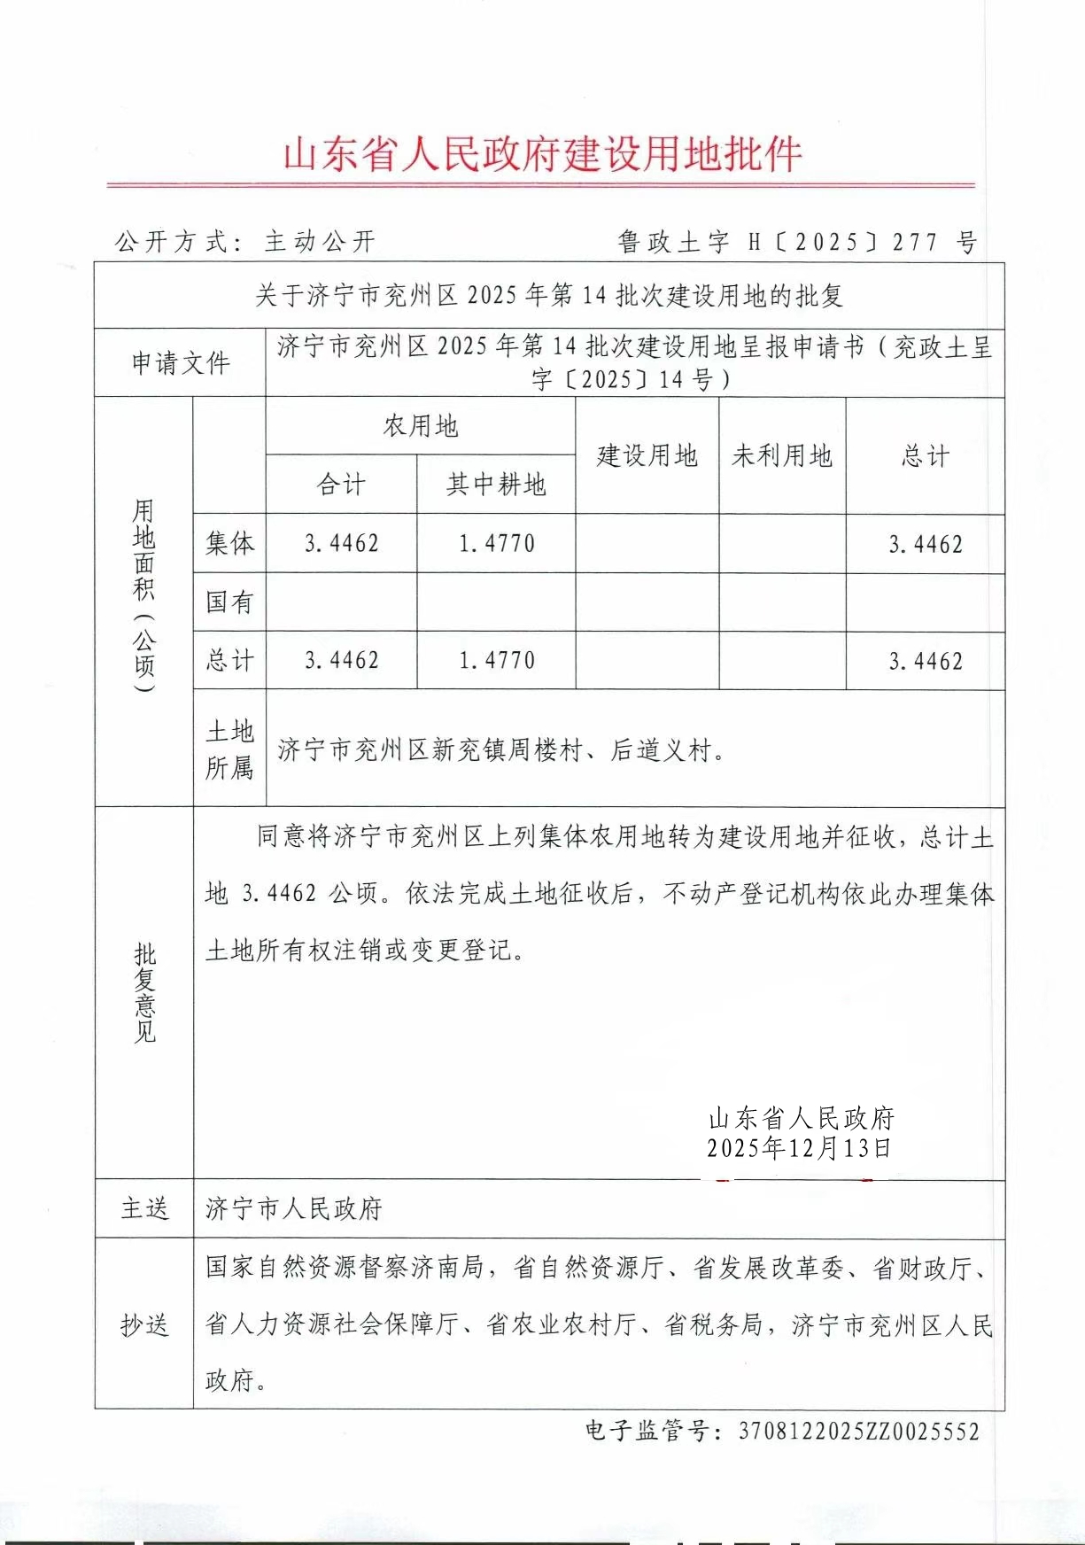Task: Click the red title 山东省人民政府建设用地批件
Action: (542, 154)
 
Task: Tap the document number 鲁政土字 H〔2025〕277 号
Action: (797, 242)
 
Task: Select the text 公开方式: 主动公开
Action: (245, 241)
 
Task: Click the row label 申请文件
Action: (181, 362)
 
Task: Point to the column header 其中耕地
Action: (496, 485)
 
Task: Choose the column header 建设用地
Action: (647, 455)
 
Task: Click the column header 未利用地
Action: (782, 455)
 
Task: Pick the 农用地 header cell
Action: (421, 426)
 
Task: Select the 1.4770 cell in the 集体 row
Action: (496, 543)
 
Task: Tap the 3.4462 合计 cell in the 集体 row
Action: (341, 543)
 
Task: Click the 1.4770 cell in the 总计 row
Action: (496, 661)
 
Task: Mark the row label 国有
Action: (229, 602)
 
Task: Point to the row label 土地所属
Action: (229, 749)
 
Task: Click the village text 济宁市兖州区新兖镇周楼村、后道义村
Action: (501, 750)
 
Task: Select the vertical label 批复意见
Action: (144, 992)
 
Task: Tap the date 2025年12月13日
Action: (799, 1149)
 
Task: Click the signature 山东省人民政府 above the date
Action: (802, 1118)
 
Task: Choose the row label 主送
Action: (144, 1208)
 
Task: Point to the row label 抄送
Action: (144, 1324)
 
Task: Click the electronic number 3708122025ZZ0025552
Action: (858, 1432)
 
